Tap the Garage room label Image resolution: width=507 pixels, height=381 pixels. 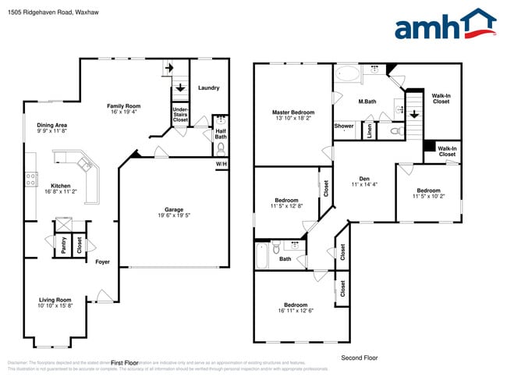(174, 209)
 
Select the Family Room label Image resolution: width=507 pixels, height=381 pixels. (123, 105)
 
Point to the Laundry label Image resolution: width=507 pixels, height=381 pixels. (209, 88)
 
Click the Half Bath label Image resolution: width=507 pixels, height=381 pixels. (220, 134)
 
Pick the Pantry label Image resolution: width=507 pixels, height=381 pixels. (62, 245)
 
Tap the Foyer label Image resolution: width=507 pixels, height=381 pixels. (102, 262)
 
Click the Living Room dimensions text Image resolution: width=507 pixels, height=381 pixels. (55, 305)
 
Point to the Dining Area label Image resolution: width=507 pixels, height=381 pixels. (51, 125)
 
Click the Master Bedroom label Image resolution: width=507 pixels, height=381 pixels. (292, 112)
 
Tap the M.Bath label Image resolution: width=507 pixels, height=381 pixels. (368, 101)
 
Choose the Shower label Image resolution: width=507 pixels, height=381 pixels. (344, 126)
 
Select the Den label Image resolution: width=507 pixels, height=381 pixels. (363, 179)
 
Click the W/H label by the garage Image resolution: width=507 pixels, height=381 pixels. (222, 165)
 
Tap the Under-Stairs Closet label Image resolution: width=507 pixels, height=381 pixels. (180, 115)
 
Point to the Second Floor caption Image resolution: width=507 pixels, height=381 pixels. (360, 358)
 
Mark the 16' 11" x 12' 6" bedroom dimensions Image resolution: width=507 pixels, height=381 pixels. (296, 311)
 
